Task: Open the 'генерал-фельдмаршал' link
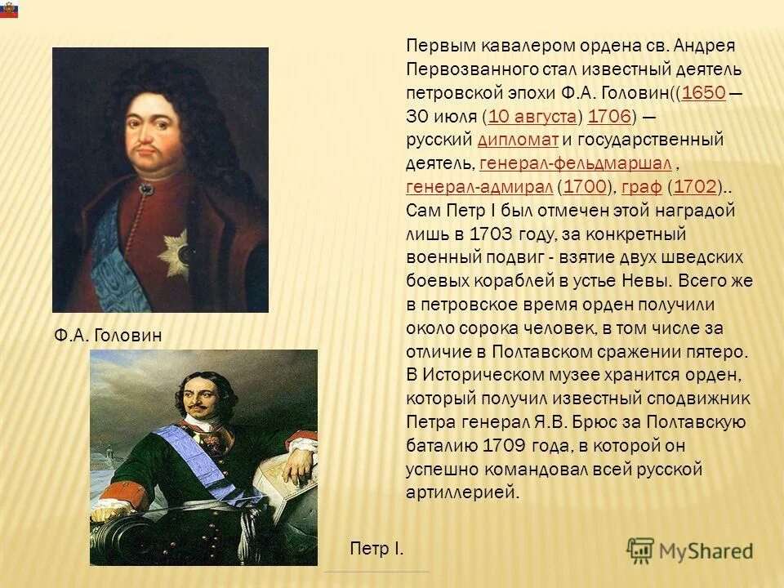576,163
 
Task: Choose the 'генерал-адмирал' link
479,186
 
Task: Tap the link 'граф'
641,186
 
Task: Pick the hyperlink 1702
696,186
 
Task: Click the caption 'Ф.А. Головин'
109,335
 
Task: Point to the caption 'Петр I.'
376,547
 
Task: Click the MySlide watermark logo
690,550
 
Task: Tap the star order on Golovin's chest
174,248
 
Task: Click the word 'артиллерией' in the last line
462,493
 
